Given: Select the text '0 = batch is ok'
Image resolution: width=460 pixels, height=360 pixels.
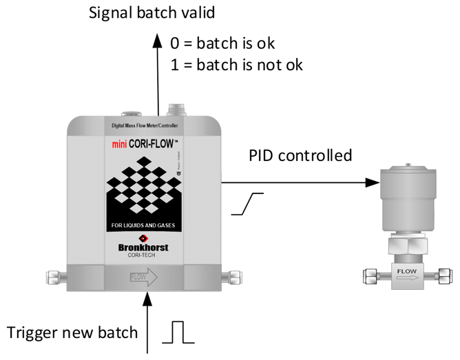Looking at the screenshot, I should coord(222,43).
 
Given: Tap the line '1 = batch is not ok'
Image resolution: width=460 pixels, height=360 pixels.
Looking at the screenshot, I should coord(236,65).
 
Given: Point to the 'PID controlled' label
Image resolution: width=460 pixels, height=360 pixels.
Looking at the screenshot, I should coord(300,155).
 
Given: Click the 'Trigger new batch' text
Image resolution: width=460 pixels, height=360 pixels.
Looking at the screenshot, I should coord(72,333).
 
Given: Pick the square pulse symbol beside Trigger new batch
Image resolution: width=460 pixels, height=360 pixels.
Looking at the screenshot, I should coord(178,332).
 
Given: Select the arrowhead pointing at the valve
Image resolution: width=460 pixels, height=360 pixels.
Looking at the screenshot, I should coord(373,182).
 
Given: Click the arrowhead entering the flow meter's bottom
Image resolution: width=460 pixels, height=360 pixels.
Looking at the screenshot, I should coord(149,297).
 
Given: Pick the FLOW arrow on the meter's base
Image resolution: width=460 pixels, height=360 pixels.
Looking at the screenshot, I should coord(143,277).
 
